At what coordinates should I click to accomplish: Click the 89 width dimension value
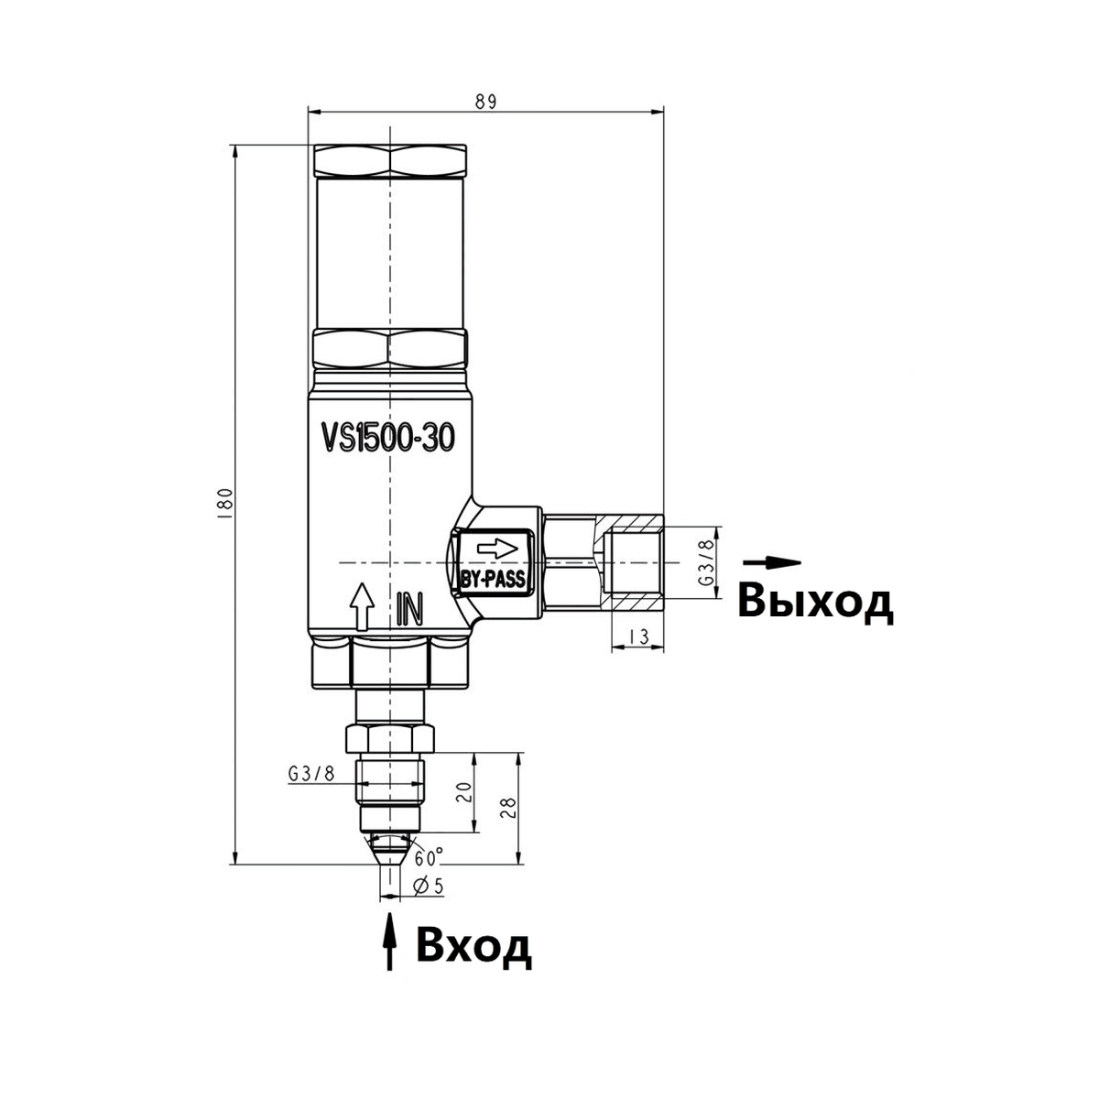pyautogui.click(x=486, y=102)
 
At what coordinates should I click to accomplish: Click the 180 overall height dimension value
pyautogui.click(x=226, y=502)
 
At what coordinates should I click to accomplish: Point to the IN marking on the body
pyautogui.click(x=410, y=610)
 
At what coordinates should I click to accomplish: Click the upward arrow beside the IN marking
pyautogui.click(x=361, y=606)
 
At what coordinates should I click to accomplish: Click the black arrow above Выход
pyautogui.click(x=772, y=562)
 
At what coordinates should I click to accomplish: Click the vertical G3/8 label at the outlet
pyautogui.click(x=706, y=561)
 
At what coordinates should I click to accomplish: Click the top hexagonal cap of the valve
pyautogui.click(x=390, y=161)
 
